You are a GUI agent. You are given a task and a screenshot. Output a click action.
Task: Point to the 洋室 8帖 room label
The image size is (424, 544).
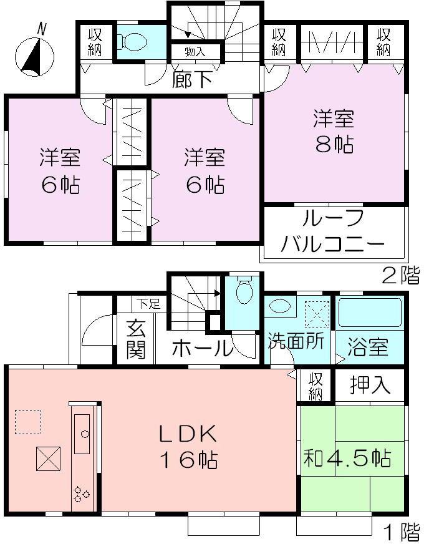pyautogui.click(x=334, y=131)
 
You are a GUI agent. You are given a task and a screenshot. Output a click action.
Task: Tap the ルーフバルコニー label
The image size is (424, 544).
pyautogui.click(x=333, y=231)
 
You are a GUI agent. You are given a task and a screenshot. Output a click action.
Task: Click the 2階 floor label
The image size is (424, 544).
pyautogui.click(x=401, y=275)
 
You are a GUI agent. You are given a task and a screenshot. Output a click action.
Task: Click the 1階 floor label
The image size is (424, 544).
pyautogui.click(x=401, y=532)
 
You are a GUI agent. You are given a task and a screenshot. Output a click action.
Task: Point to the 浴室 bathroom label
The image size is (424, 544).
pyautogui.click(x=370, y=347)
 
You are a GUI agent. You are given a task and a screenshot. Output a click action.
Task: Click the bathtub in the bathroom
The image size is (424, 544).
pyautogui.click(x=370, y=312)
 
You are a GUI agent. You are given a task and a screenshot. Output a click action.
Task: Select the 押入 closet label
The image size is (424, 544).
pyautogui.click(x=370, y=386)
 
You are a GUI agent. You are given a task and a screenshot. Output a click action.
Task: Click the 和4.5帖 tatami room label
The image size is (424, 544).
pyautogui.click(x=347, y=459)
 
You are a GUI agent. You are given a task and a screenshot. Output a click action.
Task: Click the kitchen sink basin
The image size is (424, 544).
pyautogui.click(x=82, y=434)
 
